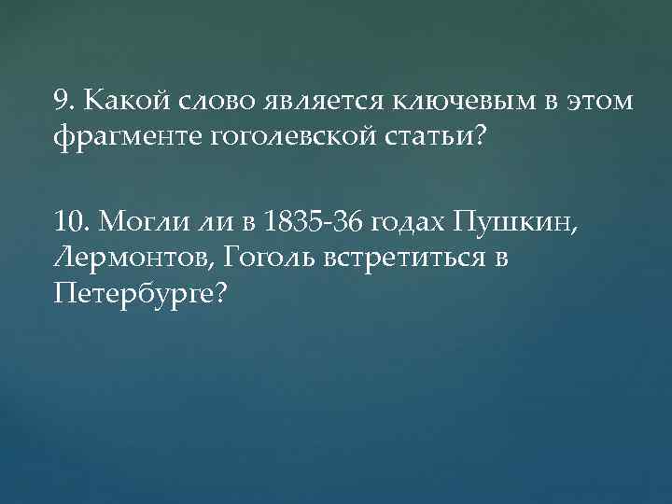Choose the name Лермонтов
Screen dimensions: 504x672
tap(129, 257)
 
